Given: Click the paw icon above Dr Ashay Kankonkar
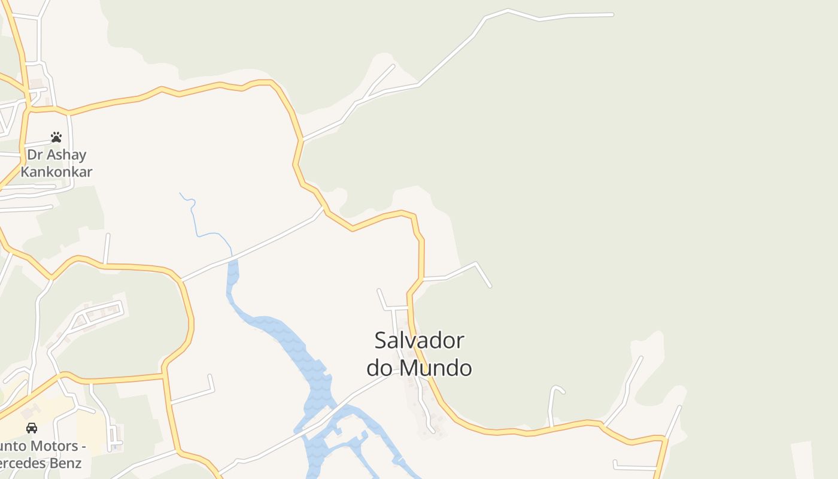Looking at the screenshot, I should (56, 137).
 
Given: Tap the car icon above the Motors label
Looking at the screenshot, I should (32, 428).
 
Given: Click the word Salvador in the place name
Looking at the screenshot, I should (419, 341).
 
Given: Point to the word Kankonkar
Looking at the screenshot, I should (56, 172).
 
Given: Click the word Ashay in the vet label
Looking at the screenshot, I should (66, 155).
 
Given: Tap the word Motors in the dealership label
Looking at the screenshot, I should (53, 446).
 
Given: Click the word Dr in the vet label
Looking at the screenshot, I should (34, 155).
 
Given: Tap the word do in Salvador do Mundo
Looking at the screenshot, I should (379, 367).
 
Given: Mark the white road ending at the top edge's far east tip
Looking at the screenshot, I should (612, 14).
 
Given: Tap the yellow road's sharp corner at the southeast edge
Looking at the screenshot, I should (664, 439).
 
